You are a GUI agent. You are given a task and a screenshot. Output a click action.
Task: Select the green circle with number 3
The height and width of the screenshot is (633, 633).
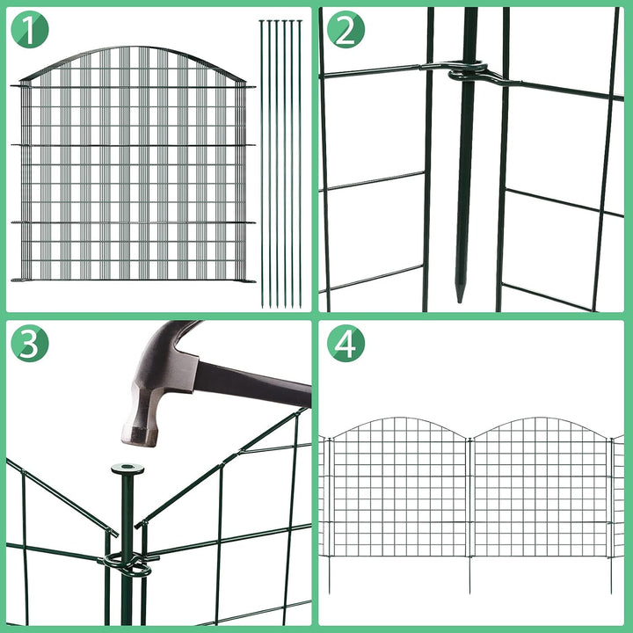(29, 345)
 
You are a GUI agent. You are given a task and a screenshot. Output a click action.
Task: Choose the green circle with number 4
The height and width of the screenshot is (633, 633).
(346, 345)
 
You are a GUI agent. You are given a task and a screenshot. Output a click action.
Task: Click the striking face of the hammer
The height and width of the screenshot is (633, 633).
(140, 435)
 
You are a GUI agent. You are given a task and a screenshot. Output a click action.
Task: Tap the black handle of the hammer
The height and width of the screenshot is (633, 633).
(255, 386)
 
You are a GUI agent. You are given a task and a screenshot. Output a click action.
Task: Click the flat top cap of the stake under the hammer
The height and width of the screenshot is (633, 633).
(127, 469)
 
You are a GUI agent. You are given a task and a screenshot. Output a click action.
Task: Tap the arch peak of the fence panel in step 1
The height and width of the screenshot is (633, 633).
(132, 49)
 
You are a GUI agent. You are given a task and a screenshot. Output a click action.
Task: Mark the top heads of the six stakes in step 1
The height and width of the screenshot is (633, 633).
(280, 22)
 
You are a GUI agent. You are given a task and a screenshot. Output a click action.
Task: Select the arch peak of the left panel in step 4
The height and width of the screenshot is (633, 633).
(396, 419)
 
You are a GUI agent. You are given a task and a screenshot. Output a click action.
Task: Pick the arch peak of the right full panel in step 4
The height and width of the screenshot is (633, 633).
(540, 419)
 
